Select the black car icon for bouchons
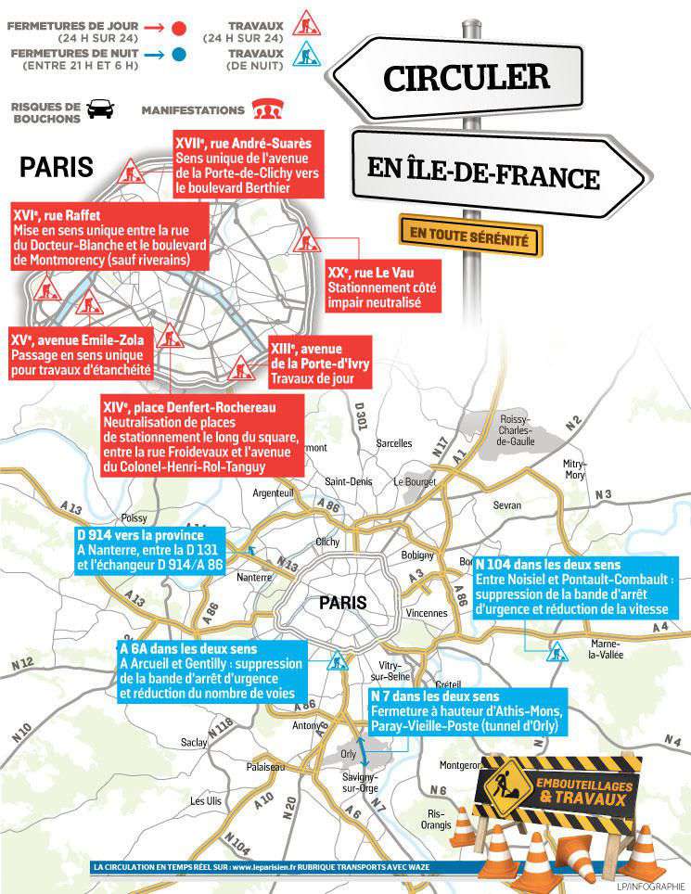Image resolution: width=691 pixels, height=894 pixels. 100,109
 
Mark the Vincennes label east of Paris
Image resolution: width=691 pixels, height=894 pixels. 426,613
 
